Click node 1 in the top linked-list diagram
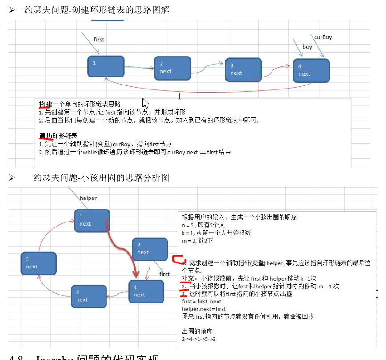coord(106,66)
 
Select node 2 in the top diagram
coord(172,68)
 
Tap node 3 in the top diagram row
coord(243,69)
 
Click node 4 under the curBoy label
coord(311,70)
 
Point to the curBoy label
coord(323,37)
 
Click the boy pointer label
coord(307,47)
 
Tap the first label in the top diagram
coord(99,40)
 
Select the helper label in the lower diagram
coord(88,198)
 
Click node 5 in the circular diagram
coord(39,263)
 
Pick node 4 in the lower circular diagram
coord(89,296)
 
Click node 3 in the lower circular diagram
coord(146,291)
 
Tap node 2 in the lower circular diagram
coord(150,249)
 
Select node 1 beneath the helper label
coord(92,220)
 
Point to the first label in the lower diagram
coord(165,274)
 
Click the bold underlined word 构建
coord(45,104)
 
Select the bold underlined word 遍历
coord(45,136)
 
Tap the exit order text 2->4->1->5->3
coord(199,340)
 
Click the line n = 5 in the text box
coord(201,225)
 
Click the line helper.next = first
coord(204,308)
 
